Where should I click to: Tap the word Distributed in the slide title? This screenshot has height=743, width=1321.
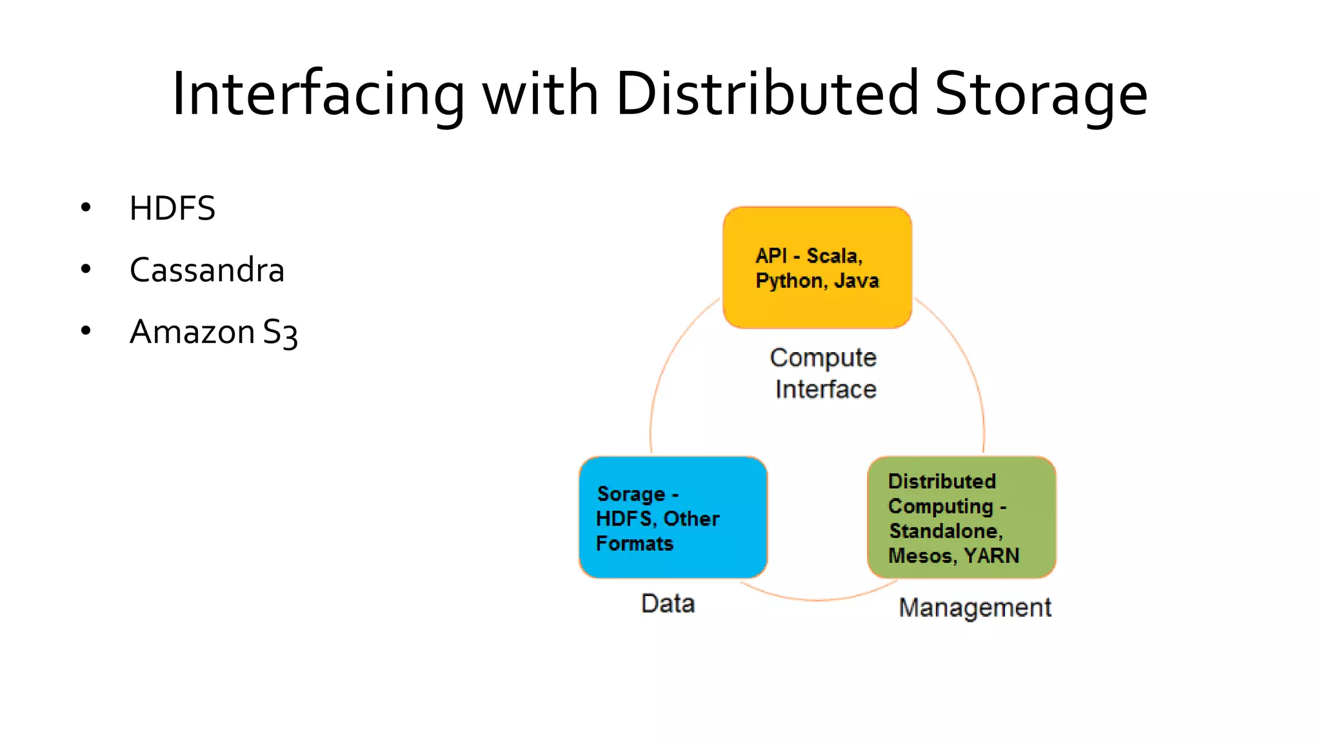click(767, 95)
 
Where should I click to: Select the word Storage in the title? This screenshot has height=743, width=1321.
click(1040, 95)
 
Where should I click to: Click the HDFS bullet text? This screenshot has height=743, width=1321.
click(172, 209)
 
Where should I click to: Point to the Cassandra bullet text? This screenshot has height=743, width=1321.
click(207, 270)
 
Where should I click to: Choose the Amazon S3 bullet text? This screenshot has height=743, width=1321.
click(214, 333)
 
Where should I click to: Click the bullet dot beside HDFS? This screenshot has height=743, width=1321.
click(86, 208)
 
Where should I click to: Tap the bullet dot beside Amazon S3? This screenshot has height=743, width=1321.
click(86, 331)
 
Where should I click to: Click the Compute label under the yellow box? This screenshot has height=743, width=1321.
click(823, 358)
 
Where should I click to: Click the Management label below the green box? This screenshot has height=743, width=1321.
click(975, 608)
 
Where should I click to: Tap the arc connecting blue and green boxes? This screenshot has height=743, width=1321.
click(817, 599)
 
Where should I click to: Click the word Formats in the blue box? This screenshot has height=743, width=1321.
click(635, 544)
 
